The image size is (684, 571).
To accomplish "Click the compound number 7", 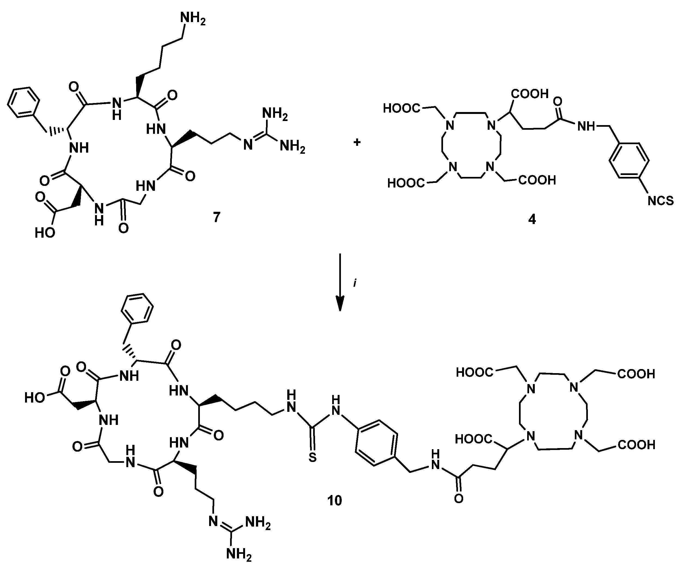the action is (x=216, y=217).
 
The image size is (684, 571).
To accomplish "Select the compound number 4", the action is (x=532, y=219).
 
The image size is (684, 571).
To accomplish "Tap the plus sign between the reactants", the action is (x=357, y=143).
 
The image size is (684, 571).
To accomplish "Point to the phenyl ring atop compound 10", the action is (x=137, y=309).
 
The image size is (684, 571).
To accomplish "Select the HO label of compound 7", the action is (x=45, y=233).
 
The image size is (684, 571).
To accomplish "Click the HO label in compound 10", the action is (x=35, y=397).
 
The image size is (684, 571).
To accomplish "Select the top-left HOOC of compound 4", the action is (x=401, y=108).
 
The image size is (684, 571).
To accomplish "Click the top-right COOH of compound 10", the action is (x=636, y=374).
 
